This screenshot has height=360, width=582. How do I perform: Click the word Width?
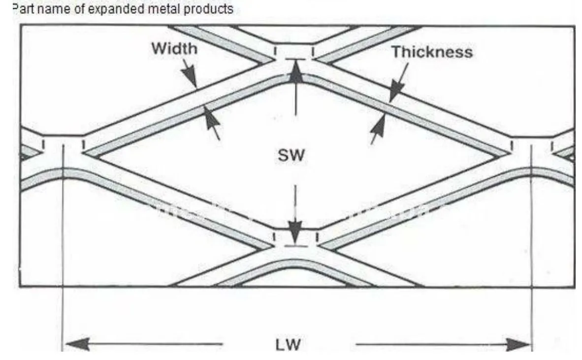click(x=174, y=49)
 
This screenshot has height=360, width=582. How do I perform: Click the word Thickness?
click(x=432, y=52)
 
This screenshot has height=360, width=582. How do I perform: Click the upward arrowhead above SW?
click(x=295, y=71)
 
